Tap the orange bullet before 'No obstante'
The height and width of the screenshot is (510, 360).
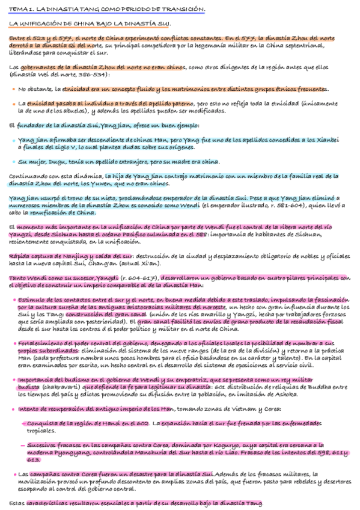pyautogui.click(x=13, y=89)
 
